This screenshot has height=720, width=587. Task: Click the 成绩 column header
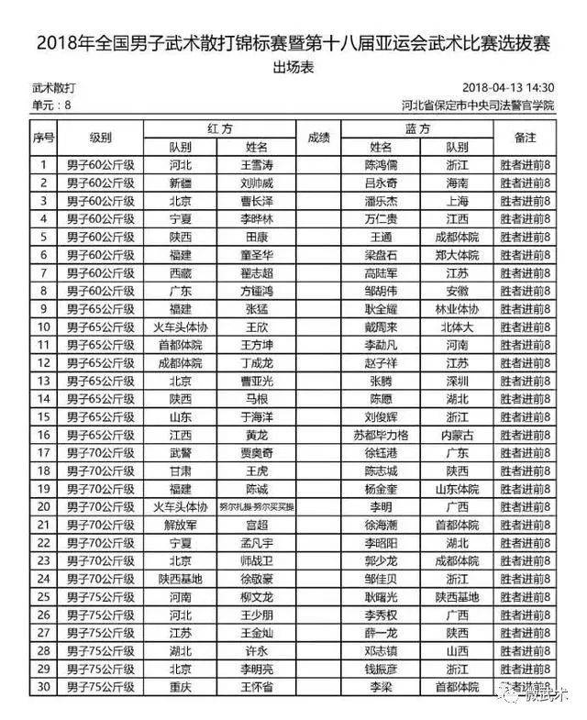318,138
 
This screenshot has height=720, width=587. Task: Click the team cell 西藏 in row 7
181,273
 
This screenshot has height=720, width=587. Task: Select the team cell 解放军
181,526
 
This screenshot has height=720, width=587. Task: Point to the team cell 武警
181,453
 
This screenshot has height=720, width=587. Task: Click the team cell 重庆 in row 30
181,687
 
